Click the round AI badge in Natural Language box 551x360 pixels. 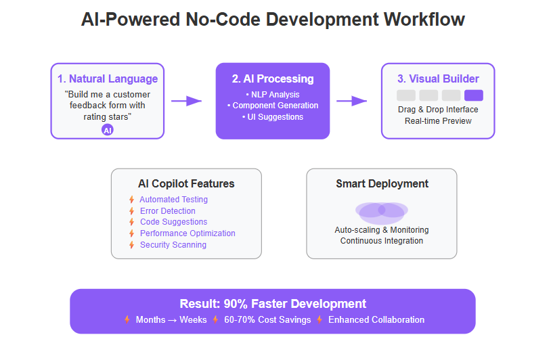coord(108,130)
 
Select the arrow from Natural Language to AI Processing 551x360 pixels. coord(186,101)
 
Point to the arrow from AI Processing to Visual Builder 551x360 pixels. coord(351,101)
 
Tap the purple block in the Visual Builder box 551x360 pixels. coord(474,95)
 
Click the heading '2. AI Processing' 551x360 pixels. coord(273,78)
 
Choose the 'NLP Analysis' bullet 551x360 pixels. coord(273,95)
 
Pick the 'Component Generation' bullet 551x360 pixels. coord(273,106)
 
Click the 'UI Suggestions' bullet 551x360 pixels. coord(273,117)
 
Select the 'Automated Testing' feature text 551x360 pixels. coord(173,200)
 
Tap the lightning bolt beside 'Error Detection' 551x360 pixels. coord(131,211)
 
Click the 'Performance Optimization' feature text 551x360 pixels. coord(188,233)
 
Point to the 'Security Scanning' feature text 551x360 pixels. coord(173,245)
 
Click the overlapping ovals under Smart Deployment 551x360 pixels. coord(382,213)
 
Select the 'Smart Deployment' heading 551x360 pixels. coord(382,183)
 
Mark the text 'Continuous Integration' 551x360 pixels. coord(382,241)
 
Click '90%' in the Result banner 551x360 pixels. coord(236,304)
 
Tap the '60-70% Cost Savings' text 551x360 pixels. coord(267,319)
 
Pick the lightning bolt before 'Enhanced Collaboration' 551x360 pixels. coord(319,319)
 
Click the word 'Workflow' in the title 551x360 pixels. coord(424,20)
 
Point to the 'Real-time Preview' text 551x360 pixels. coord(438,121)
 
